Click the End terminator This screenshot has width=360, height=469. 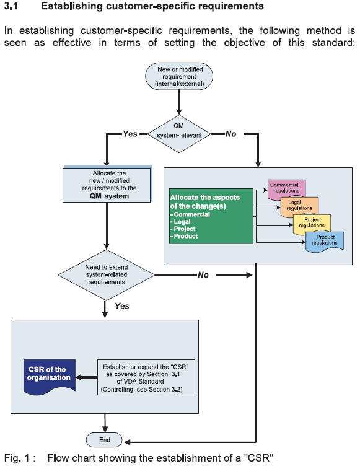tap(104, 440)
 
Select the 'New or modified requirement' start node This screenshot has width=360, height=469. tap(179, 76)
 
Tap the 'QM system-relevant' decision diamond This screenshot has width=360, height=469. tap(179, 134)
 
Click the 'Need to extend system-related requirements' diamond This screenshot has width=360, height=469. tap(106, 275)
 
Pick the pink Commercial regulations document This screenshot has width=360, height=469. tap(286, 189)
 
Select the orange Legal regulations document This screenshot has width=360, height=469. tap(299, 206)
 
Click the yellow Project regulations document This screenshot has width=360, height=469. tap(312, 224)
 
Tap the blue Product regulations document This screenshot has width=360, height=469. tap(325, 241)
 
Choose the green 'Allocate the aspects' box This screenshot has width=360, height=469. tap(211, 216)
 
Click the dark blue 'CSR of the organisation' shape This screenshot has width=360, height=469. tap(50, 375)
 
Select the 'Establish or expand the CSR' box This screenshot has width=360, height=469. tap(146, 377)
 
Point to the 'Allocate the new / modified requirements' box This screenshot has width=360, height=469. tap(107, 185)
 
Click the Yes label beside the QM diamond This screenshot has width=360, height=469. tap(130, 134)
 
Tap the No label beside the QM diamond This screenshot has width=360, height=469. tap(230, 134)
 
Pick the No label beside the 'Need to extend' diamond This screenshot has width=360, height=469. tap(203, 275)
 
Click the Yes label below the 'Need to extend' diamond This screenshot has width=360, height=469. tap(122, 306)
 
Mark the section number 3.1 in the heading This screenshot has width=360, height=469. tap(11, 6)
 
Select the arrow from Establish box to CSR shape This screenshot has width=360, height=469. tap(86, 377)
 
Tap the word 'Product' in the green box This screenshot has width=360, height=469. tap(185, 236)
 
